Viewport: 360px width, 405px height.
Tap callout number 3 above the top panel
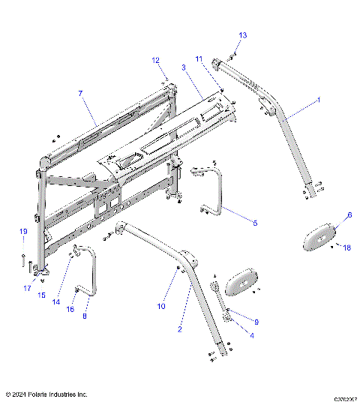184,67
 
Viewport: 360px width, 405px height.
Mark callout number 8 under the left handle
84,316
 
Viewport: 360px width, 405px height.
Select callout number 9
256,321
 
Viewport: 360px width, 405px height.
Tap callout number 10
160,306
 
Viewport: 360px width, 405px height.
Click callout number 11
199,58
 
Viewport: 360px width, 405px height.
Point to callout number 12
155,60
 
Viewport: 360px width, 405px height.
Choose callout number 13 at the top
242,35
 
